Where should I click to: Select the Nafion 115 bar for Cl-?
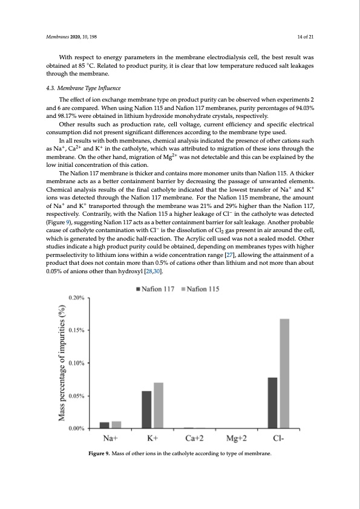(x=285, y=373)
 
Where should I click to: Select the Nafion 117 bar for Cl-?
(x=272, y=403)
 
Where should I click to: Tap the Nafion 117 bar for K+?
(x=146, y=409)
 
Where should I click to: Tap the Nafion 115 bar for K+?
(x=159, y=405)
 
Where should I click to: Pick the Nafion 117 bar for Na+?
(x=105, y=425)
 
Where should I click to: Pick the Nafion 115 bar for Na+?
(x=117, y=424)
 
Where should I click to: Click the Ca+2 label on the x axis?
(x=195, y=438)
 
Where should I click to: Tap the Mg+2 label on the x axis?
(x=236, y=438)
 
